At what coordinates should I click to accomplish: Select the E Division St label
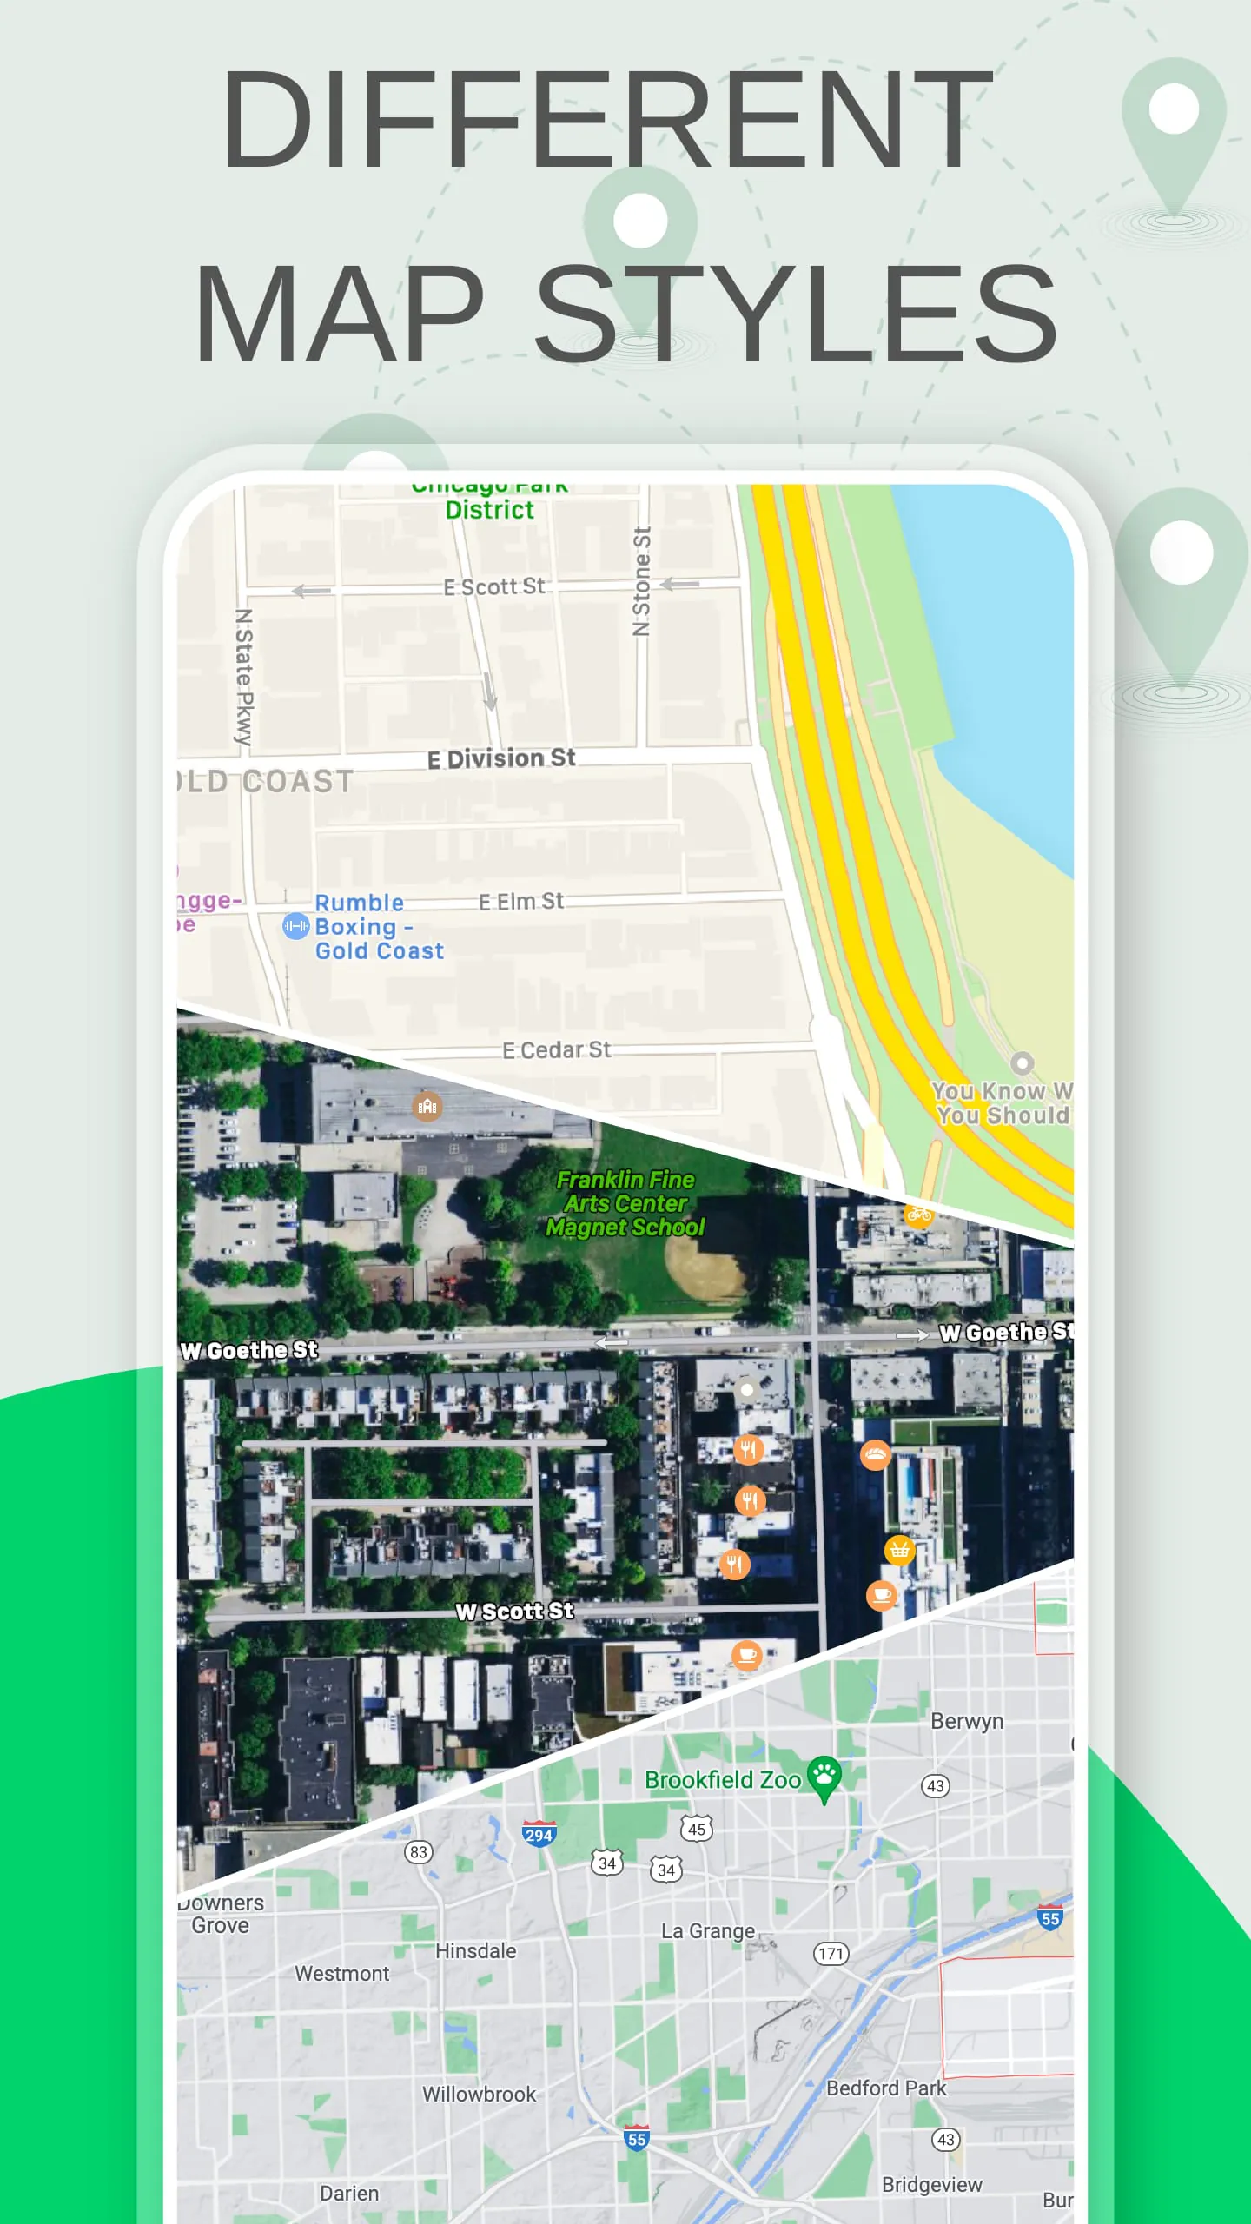(501, 759)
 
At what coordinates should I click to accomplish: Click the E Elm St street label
(521, 902)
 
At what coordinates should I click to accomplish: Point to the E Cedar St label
(556, 1050)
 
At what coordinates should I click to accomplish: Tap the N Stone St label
(641, 580)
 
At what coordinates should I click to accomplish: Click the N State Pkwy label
(244, 678)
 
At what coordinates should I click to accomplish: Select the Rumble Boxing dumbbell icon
(295, 926)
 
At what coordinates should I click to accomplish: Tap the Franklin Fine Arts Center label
(625, 1203)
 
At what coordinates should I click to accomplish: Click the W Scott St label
(514, 1612)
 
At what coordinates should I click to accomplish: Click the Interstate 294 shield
(539, 1834)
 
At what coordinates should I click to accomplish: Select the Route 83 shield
(419, 1851)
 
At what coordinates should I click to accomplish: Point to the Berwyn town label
(967, 1722)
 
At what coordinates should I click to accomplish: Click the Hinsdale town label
(475, 1951)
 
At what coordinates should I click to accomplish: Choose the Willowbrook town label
(480, 2095)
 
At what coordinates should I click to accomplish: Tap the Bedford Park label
(886, 2088)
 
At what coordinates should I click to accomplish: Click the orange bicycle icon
(918, 1215)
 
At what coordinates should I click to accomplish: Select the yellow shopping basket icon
(899, 1549)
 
